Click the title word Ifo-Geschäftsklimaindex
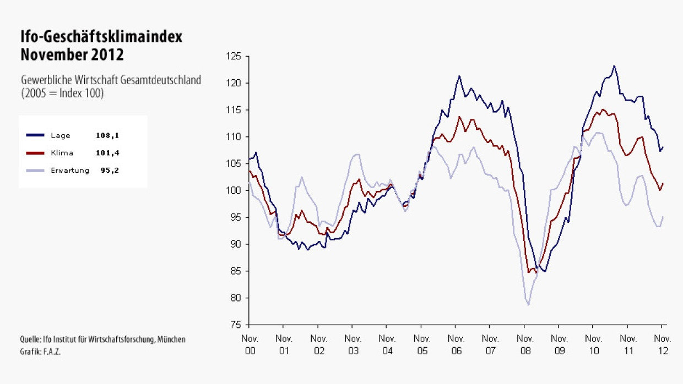point(101,37)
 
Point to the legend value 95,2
point(109,170)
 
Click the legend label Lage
point(61,135)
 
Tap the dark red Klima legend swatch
point(35,153)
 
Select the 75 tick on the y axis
point(237,325)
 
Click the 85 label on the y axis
point(237,271)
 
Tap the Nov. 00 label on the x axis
point(250,344)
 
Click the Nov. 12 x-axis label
point(662,344)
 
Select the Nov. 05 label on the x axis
point(421,344)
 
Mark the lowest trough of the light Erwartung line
point(528,304)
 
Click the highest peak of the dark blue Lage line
point(614,66)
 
